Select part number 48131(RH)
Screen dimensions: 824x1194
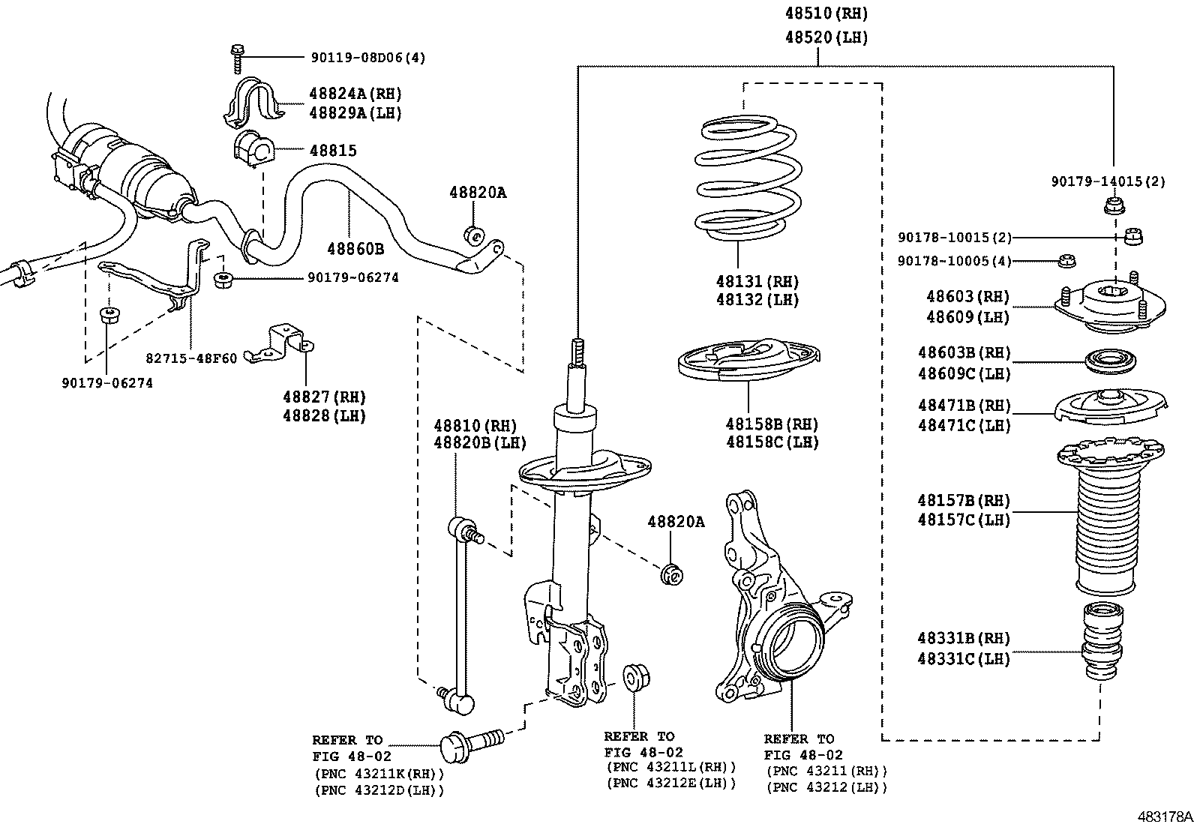pos(757,282)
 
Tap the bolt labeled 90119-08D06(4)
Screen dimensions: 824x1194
pos(237,58)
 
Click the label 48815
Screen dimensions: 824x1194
pos(333,150)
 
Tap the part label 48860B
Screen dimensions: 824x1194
pos(355,248)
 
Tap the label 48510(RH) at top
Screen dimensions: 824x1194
pos(826,13)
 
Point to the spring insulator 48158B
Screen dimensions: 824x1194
pos(748,361)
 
